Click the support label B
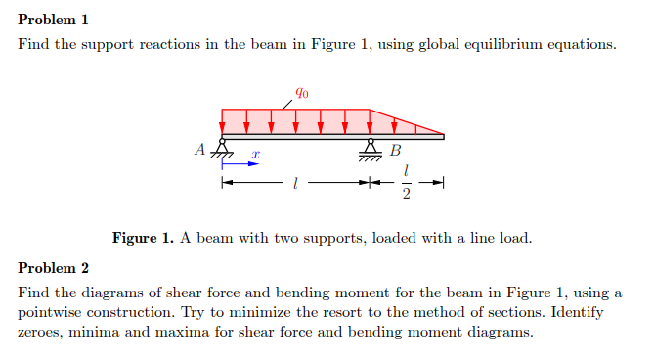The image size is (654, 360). tap(395, 151)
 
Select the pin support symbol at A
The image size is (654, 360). tap(223, 150)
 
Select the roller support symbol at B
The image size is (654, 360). tap(371, 150)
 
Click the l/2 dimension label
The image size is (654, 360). tap(407, 182)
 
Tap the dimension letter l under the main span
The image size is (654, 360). tap(295, 183)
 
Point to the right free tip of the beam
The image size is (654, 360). tap(443, 137)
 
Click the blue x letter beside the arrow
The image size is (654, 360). tap(254, 155)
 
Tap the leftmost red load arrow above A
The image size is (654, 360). tap(223, 121)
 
